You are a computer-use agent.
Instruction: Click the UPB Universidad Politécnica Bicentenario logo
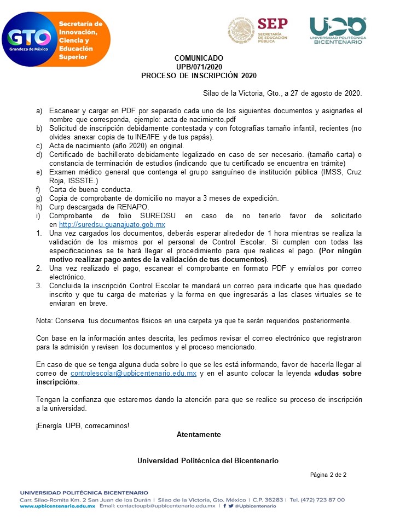[337, 30]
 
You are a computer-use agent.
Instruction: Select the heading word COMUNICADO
[199, 58]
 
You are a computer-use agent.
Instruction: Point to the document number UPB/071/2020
[199, 67]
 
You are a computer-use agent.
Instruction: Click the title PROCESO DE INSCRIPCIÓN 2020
[199, 75]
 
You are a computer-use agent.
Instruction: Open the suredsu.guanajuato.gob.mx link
[112, 225]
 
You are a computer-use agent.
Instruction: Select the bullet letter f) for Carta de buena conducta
[39, 190]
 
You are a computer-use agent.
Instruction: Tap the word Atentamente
[199, 434]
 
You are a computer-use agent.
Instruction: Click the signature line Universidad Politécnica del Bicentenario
[207, 460]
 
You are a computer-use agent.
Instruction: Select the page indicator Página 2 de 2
[328, 475]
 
